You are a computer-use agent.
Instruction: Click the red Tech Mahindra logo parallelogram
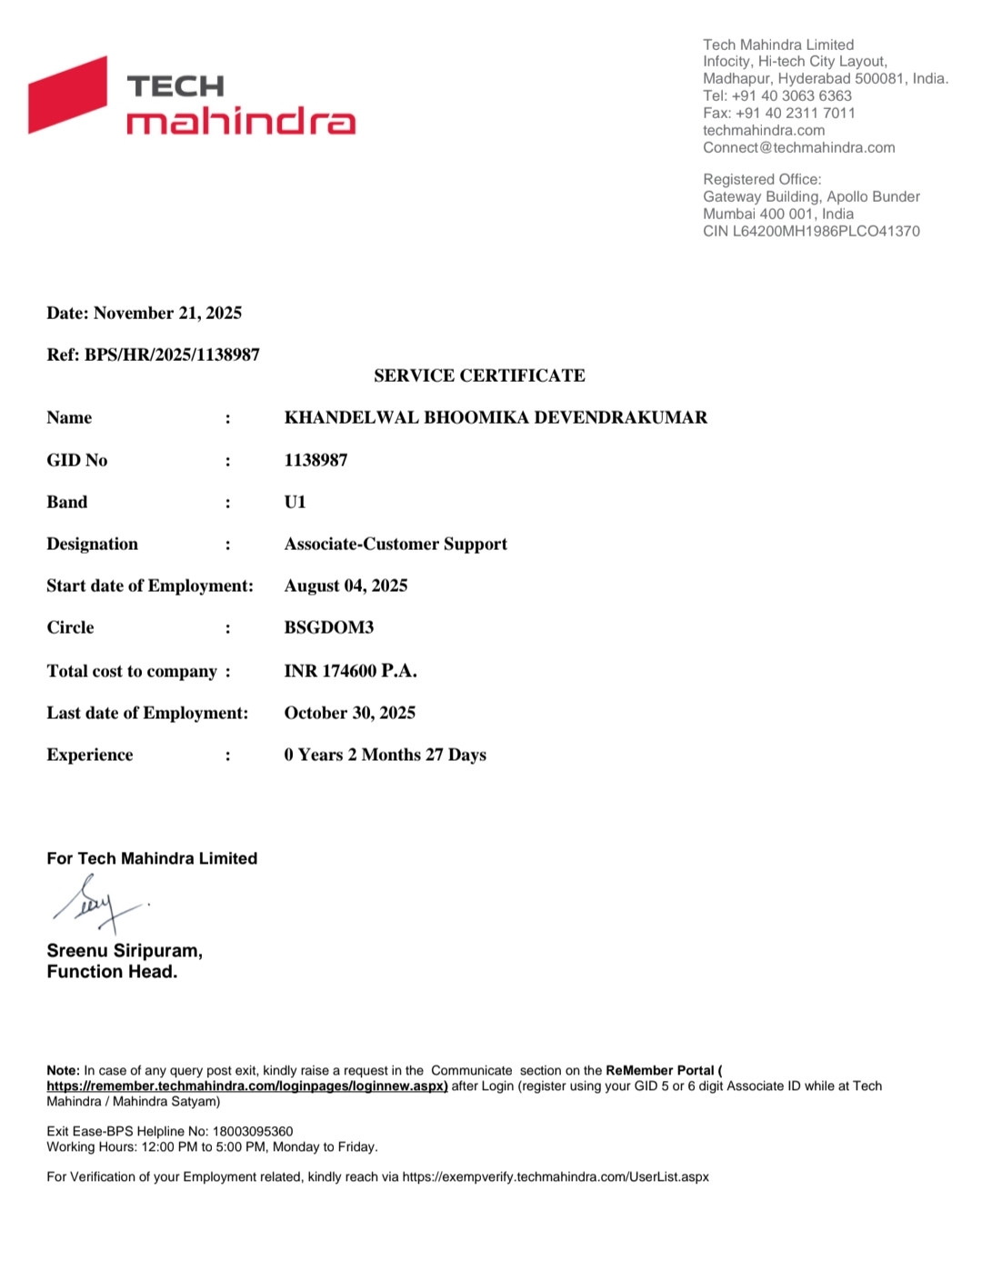click(68, 95)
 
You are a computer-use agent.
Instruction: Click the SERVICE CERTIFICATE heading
click(479, 375)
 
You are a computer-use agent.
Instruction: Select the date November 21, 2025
click(167, 314)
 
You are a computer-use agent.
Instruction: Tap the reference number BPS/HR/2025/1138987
click(172, 355)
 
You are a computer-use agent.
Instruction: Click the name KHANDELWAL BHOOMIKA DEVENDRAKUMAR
click(496, 418)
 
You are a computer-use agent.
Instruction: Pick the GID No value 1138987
click(316, 460)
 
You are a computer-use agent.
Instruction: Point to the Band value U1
click(295, 502)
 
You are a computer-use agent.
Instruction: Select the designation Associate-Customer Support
click(396, 544)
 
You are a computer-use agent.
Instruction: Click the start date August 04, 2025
click(346, 585)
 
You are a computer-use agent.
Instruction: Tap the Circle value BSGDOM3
click(328, 627)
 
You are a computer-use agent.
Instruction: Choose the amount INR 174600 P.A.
click(350, 671)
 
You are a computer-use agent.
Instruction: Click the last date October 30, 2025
click(349, 713)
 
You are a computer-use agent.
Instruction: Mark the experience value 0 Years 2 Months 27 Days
click(385, 755)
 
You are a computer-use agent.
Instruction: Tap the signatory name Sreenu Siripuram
click(124, 951)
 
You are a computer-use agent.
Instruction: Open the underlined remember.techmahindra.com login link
click(247, 1086)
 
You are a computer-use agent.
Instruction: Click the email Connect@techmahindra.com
click(798, 148)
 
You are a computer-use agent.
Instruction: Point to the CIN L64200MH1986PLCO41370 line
click(811, 232)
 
